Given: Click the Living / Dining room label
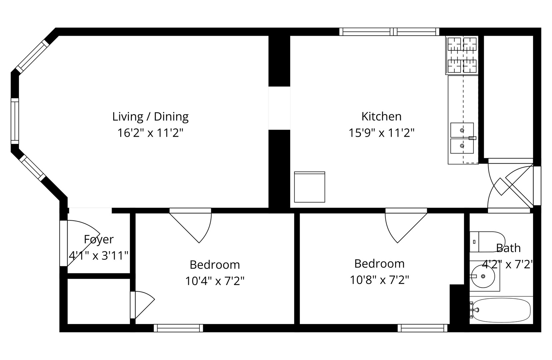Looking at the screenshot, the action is (x=150, y=117).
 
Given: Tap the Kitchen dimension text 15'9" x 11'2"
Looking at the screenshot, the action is (x=381, y=133).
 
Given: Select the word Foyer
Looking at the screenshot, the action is (x=99, y=239).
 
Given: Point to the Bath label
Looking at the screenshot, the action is (x=508, y=248).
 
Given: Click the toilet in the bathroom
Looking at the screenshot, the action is (x=487, y=242).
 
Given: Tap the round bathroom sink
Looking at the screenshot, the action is (x=483, y=276).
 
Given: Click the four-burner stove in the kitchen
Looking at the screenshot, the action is (x=462, y=55).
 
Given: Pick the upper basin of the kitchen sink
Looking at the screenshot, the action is (x=462, y=130).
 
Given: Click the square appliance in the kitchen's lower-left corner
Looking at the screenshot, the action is (x=309, y=187).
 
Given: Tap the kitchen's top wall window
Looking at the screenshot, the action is (x=389, y=32).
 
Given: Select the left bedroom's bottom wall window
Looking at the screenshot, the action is (x=179, y=328).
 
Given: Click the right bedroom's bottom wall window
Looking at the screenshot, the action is (x=422, y=328).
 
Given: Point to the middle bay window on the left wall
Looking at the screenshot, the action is (x=15, y=121).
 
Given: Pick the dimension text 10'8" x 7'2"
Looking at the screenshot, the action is (x=379, y=280).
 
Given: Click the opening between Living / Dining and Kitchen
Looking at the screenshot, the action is (x=279, y=108).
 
